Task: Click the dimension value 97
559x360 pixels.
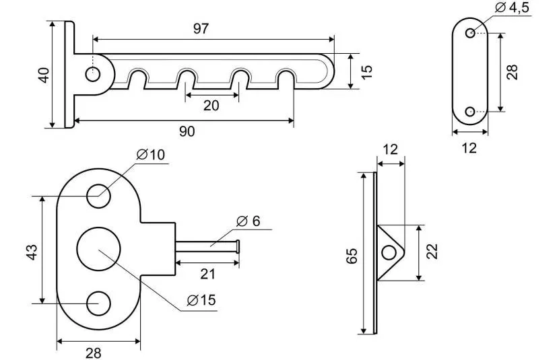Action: pyautogui.click(x=200, y=28)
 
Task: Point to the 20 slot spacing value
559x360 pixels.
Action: pyautogui.click(x=211, y=106)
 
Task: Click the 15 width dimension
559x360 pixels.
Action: pyautogui.click(x=366, y=72)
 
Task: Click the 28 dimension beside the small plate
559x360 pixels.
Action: pyautogui.click(x=513, y=72)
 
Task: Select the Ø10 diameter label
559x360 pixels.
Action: pyautogui.click(x=150, y=155)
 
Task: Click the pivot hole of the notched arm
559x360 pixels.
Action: pyautogui.click(x=92, y=73)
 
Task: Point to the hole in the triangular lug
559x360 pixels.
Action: pyautogui.click(x=389, y=252)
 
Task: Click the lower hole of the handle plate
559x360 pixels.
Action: pyautogui.click(x=99, y=303)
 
